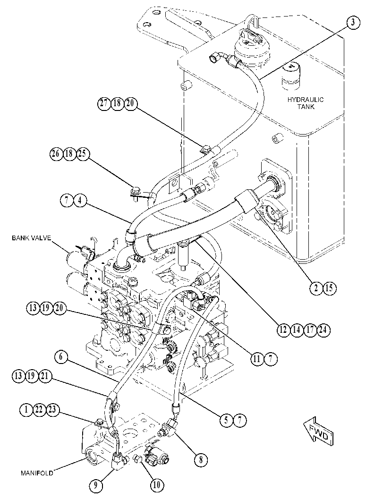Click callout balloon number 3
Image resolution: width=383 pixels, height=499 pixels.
click(353, 23)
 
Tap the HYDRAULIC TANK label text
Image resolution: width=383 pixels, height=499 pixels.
click(306, 103)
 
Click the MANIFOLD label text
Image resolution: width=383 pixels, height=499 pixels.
click(37, 473)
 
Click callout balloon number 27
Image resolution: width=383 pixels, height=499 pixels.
click(104, 104)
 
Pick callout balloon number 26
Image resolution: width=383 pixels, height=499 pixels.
click(56, 154)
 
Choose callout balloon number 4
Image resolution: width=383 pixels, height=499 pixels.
click(81, 202)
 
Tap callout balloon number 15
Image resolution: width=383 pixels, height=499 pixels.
click(329, 288)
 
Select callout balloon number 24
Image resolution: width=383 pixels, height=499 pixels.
click(323, 330)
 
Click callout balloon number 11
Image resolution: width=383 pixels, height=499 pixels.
click(257, 359)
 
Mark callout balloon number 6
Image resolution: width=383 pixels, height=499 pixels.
click(61, 357)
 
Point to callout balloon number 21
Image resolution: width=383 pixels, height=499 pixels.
click(45, 376)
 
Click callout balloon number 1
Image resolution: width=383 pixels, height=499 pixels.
click(26, 409)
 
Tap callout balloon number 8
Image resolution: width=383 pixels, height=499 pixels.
click(201, 459)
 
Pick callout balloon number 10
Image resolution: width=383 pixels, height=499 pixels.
click(157, 485)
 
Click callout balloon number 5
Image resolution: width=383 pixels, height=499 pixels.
click(226, 420)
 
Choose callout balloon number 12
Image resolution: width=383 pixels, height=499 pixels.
click(283, 330)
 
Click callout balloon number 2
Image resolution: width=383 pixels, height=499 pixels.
click(316, 288)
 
